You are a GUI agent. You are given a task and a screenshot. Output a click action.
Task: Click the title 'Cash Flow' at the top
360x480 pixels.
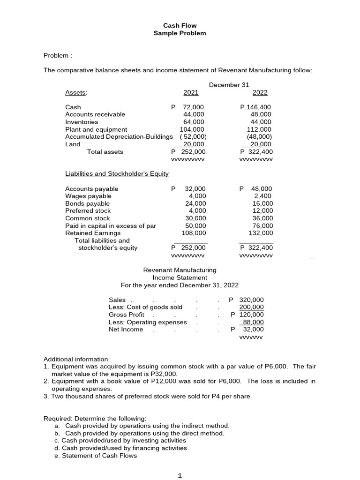point(180,26)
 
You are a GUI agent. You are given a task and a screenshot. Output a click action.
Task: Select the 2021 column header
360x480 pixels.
point(191,92)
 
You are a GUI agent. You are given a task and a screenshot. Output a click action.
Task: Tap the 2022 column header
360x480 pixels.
point(260,92)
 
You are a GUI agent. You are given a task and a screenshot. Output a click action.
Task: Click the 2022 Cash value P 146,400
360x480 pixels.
point(255,107)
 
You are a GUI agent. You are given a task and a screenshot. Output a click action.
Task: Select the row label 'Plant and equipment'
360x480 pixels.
point(96,129)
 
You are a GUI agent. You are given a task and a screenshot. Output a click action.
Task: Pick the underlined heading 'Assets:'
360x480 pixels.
point(76,92)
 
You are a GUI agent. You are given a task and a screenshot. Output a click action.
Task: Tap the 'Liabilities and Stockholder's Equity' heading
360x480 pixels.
point(117,174)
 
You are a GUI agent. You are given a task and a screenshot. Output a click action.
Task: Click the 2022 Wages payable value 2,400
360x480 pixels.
point(263,196)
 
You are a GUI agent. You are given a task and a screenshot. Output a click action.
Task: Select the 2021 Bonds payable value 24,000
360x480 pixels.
point(195,203)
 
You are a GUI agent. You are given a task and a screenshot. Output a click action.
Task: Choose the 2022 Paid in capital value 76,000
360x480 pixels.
point(262,225)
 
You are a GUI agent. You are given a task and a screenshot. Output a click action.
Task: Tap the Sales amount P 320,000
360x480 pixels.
point(247,300)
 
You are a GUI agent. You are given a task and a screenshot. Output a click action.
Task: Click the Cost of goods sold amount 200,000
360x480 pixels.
point(252,307)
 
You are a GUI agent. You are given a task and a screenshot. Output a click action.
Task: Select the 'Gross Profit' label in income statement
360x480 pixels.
point(127,315)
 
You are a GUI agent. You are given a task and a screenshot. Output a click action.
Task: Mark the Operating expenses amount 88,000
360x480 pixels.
point(253,322)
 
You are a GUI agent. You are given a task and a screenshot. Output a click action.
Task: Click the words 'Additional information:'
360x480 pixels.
point(76,359)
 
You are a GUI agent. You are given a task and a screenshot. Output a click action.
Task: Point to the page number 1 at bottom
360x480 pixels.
point(180,475)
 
